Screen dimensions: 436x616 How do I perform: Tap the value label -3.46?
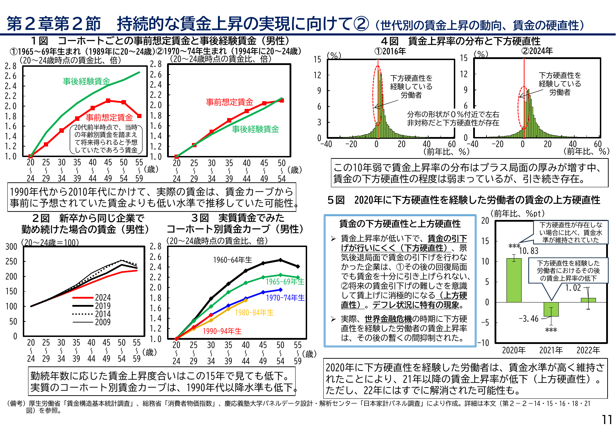(x=529, y=319)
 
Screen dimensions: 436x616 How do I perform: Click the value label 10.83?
(x=529, y=251)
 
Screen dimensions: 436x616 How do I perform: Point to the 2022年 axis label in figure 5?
(x=588, y=350)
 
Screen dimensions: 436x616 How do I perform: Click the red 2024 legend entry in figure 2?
(x=92, y=298)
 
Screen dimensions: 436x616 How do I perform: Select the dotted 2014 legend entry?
(x=92, y=314)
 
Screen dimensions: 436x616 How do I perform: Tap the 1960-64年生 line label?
(x=232, y=260)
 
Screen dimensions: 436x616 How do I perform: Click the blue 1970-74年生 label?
(x=285, y=298)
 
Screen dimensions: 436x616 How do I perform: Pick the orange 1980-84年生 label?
(x=254, y=312)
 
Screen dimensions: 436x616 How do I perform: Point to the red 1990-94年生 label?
(x=222, y=331)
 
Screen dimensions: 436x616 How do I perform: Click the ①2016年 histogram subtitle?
(x=390, y=51)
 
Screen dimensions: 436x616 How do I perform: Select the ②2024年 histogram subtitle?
(x=537, y=51)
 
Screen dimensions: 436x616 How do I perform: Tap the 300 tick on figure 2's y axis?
(x=11, y=247)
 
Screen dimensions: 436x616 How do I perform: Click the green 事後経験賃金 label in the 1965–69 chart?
(x=86, y=81)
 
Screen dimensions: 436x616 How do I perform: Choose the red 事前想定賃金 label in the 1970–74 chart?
(x=229, y=102)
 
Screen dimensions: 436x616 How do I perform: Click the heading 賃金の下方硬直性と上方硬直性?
(x=400, y=224)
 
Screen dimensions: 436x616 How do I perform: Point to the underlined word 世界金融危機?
(x=388, y=319)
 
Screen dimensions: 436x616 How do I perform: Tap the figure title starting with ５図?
(x=463, y=200)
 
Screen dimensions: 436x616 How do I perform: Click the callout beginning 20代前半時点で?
(x=106, y=139)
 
